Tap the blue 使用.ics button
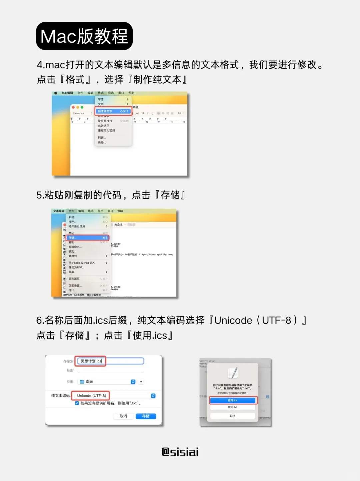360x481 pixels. (233, 400)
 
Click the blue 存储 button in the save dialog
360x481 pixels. (146, 416)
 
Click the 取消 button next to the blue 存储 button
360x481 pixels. (123, 416)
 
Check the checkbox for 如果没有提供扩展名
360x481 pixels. (77, 403)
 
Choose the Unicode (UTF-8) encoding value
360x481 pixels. (91, 396)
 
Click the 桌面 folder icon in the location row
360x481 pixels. (82, 382)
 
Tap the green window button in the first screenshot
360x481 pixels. (82, 107)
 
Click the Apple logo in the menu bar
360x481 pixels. (56, 93)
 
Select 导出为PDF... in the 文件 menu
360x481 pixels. (76, 267)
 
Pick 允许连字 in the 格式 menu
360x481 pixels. (103, 126)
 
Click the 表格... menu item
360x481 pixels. (102, 142)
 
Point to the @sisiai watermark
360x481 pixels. (180, 452)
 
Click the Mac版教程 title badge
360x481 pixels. (84, 36)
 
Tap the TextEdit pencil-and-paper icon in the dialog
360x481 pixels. (233, 373)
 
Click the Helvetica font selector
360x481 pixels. (82, 113)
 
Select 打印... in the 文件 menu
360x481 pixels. (72, 290)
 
